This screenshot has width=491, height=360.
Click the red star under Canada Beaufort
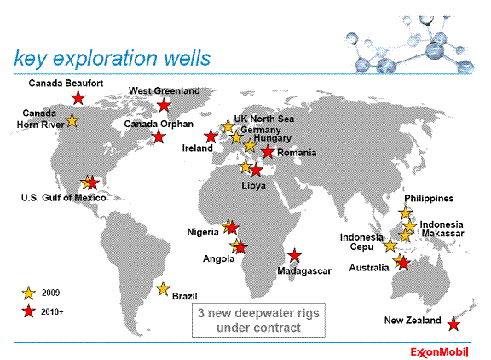pyautogui.click(x=78, y=98)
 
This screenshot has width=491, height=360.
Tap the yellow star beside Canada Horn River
pyautogui.click(x=72, y=120)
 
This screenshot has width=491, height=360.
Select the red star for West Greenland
pyautogui.click(x=164, y=105)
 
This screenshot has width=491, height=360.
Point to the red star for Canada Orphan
pyautogui.click(x=159, y=136)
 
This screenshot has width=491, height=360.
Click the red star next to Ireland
pyautogui.click(x=211, y=136)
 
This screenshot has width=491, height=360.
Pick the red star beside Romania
pyautogui.click(x=268, y=152)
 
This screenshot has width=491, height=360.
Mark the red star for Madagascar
pyautogui.click(x=294, y=256)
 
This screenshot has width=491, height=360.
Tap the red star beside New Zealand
pyautogui.click(x=453, y=324)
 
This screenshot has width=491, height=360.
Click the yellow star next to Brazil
pyautogui.click(x=163, y=288)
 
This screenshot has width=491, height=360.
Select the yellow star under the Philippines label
pyautogui.click(x=406, y=212)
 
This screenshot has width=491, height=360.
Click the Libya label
pyautogui.click(x=253, y=185)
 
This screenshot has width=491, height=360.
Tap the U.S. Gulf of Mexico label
pyautogui.click(x=64, y=198)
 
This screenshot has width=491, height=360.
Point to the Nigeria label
pyautogui.click(x=203, y=232)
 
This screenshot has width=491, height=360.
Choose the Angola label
pyautogui.click(x=218, y=258)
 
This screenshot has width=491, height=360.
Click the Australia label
pyautogui.click(x=369, y=268)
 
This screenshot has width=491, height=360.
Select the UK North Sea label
pyautogui.click(x=264, y=119)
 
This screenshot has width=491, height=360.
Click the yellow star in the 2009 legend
pyautogui.click(x=28, y=293)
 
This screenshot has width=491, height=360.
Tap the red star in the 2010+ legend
pyautogui.click(x=28, y=311)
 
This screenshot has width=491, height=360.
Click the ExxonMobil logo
pyautogui.click(x=439, y=352)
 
